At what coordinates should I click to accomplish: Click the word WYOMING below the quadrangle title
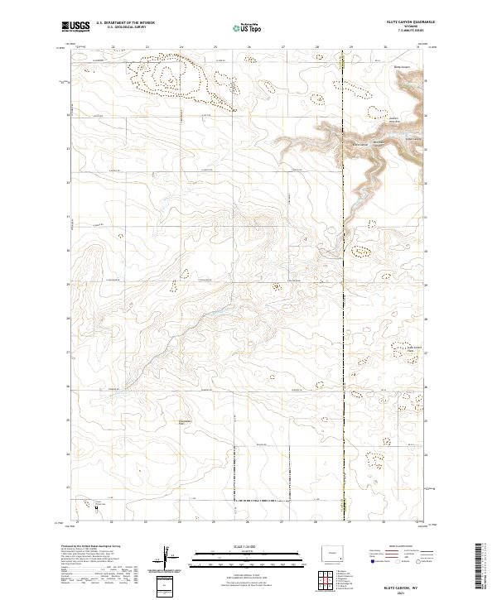coord(403,29)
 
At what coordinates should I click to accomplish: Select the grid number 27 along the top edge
coord(283,47)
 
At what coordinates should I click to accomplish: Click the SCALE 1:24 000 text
coord(235,545)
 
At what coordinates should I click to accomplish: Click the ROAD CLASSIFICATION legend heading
coord(403,546)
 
